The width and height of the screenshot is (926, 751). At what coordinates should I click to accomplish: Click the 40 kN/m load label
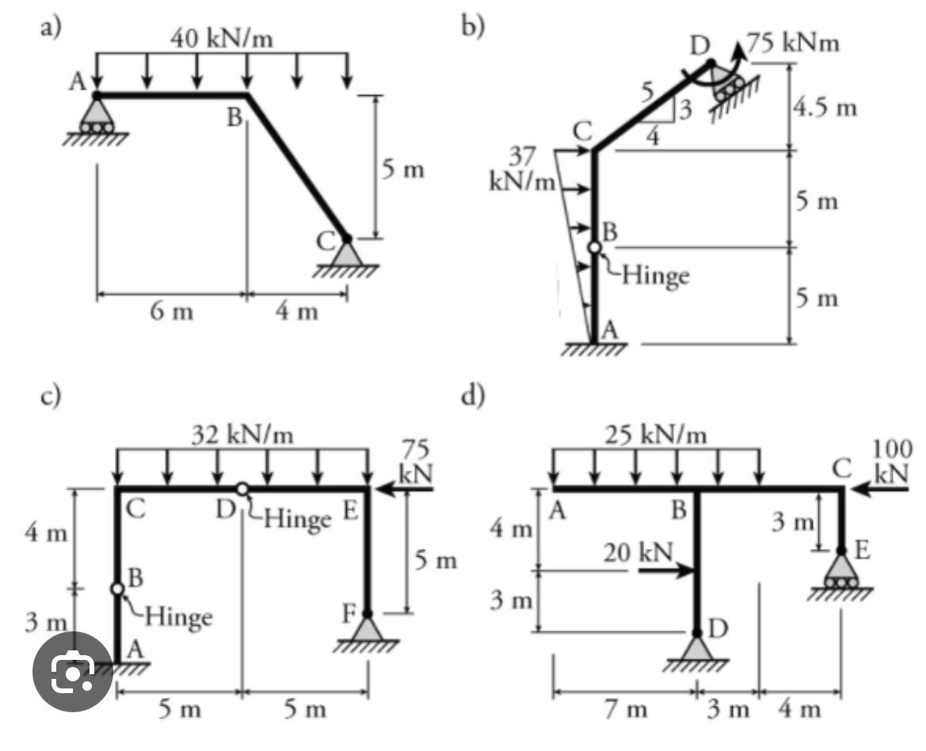point(222,39)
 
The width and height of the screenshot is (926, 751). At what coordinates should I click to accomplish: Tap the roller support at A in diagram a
point(97,118)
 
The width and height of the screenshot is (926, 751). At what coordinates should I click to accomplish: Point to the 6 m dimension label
point(171,311)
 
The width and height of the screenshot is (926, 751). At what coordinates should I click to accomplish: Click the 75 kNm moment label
point(793,43)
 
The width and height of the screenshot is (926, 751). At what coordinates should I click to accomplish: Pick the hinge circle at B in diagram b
point(595,248)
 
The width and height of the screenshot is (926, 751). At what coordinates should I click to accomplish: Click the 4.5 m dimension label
point(825,108)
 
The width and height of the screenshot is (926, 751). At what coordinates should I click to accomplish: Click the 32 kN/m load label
point(242,435)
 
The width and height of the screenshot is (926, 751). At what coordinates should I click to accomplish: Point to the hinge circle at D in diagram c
point(242,489)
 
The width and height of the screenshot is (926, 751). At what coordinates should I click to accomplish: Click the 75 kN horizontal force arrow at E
point(405,489)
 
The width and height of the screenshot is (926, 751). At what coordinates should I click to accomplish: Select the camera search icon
point(73,672)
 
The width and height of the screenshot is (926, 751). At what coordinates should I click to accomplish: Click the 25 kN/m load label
point(656,435)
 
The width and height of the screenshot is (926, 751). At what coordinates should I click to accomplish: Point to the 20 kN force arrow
point(665,570)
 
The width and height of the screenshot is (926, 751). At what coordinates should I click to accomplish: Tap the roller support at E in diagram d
point(841,571)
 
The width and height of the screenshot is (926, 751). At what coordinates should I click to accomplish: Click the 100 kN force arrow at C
point(880,489)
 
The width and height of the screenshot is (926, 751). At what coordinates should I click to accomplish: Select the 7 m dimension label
point(626,709)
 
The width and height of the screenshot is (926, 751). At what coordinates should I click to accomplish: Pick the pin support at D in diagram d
point(697,648)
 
